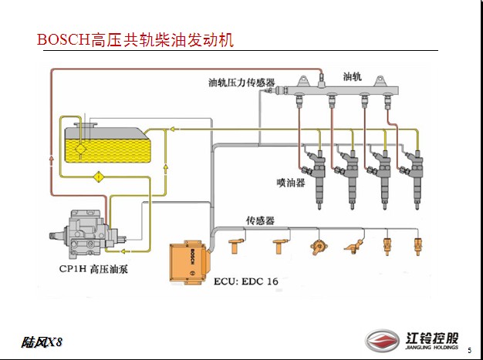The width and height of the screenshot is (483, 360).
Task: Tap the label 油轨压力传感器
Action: [242, 82]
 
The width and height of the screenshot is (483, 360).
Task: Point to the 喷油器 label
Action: [290, 183]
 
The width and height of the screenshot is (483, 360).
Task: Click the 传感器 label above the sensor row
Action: [260, 220]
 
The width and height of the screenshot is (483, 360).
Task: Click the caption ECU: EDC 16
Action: [245, 281]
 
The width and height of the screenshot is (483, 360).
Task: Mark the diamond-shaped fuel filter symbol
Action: [99, 179]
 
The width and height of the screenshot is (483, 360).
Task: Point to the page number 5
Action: [468, 286]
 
